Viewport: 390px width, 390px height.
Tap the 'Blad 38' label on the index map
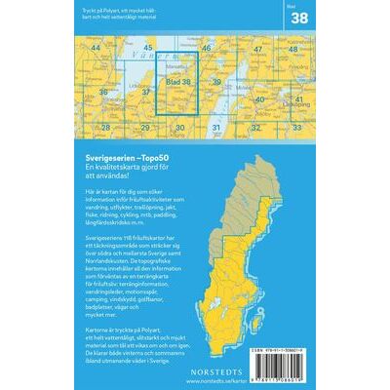(x=178, y=83)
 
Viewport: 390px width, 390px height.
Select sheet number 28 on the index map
(x=104, y=127)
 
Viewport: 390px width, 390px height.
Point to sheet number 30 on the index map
(x=180, y=127)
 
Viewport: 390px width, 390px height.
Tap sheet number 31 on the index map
(x=216, y=127)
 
